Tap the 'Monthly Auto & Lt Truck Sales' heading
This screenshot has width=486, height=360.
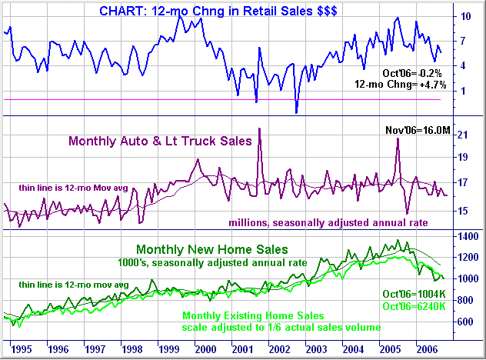click(160, 141)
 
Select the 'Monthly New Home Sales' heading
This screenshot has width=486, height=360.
click(211, 249)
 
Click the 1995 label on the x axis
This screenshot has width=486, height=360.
click(22, 348)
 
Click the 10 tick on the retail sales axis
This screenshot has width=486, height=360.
click(466, 16)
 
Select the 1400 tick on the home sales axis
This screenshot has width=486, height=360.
click(467, 237)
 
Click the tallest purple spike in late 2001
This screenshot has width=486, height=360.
click(259, 129)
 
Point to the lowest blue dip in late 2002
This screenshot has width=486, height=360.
click(297, 112)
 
